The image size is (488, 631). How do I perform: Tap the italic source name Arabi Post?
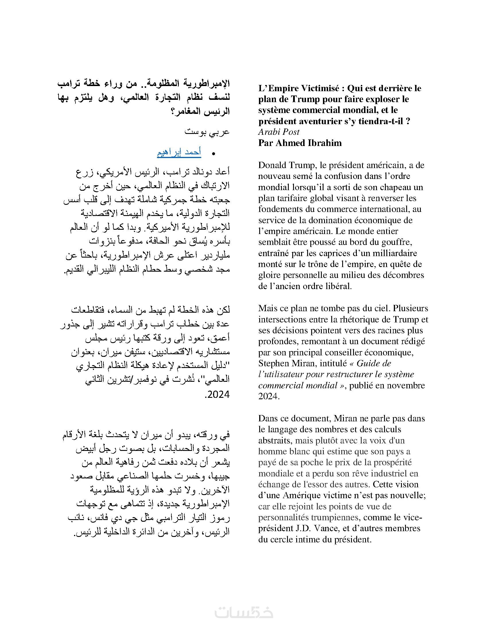279,132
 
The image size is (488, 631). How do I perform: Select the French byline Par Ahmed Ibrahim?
300,143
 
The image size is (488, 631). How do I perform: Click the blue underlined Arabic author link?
179,153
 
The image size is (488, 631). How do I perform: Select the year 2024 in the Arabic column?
218,394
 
